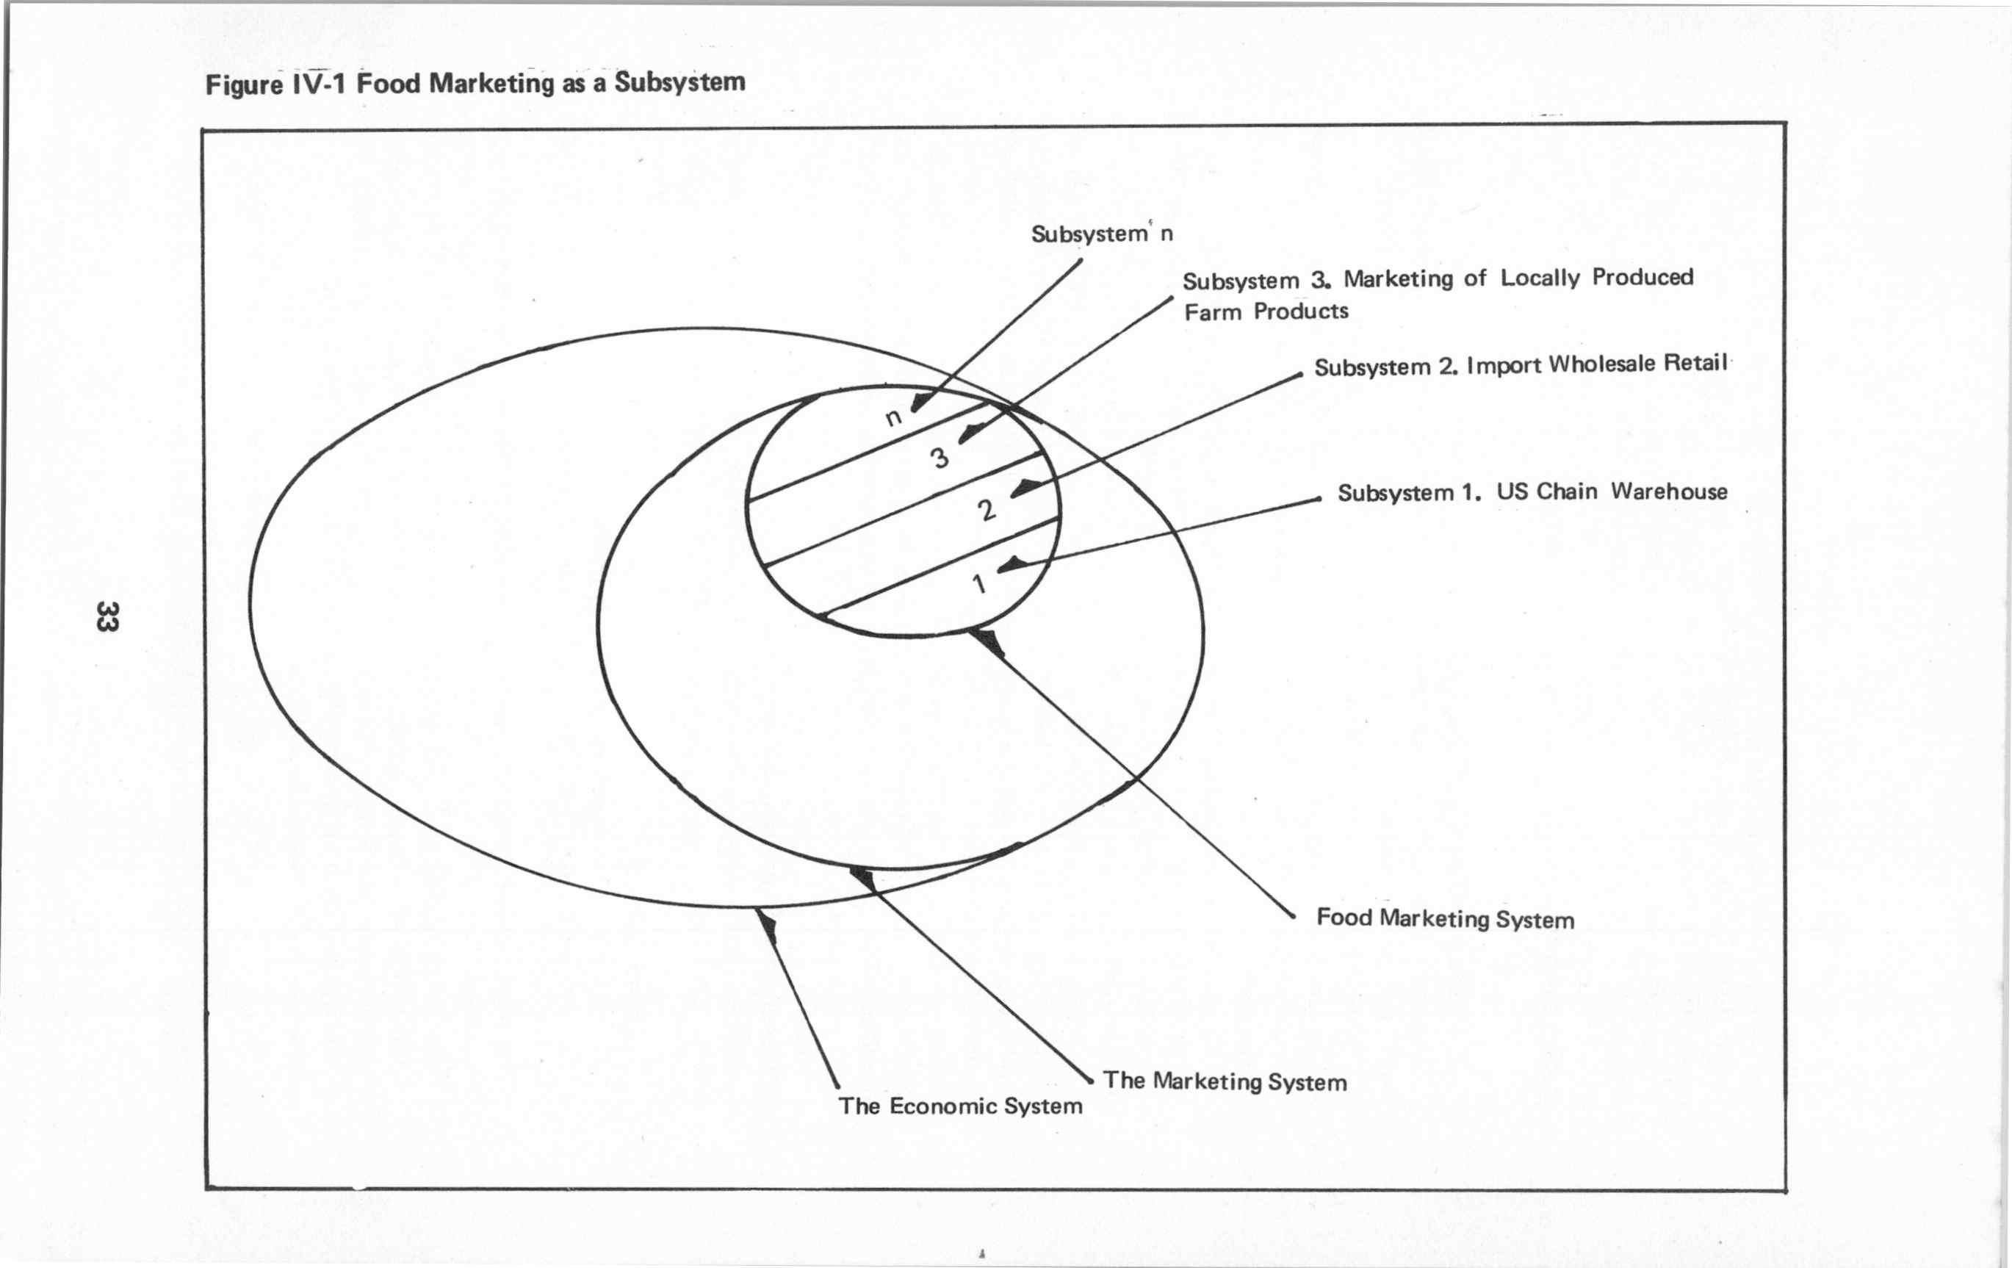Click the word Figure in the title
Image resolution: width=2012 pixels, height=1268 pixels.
[x=244, y=85]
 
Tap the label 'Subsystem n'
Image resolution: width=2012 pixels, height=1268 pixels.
[x=1101, y=234]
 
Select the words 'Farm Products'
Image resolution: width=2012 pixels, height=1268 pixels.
[x=1266, y=311]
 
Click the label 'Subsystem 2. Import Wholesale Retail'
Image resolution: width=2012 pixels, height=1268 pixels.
[x=1520, y=365]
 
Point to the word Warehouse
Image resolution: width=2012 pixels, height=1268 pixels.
[x=1669, y=491]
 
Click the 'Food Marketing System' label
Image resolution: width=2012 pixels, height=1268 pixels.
[x=1445, y=918]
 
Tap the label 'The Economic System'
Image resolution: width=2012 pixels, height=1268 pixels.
[x=960, y=1106]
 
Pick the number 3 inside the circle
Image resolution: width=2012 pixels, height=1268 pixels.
[x=940, y=457]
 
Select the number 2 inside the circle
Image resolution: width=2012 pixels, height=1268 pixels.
[x=987, y=509]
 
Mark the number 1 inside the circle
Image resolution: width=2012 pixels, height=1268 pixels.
[x=980, y=583]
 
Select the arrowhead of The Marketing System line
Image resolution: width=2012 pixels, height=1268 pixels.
[x=862, y=878]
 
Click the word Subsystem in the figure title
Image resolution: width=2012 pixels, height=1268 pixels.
[x=679, y=82]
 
